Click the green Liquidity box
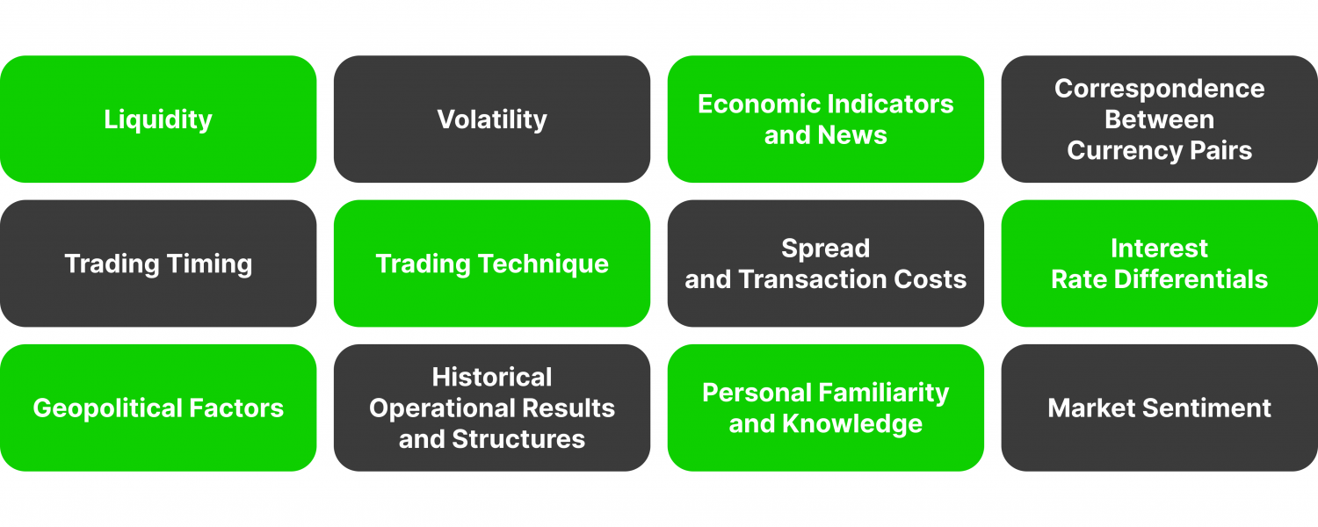[158, 119]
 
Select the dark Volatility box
[492, 119]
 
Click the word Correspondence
[1159, 89]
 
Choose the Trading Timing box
[158, 263]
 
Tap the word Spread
[825, 249]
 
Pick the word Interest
[1159, 249]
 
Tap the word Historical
[492, 378]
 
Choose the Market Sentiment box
[1159, 408]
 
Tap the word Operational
[440, 408]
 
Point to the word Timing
[212, 263]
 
